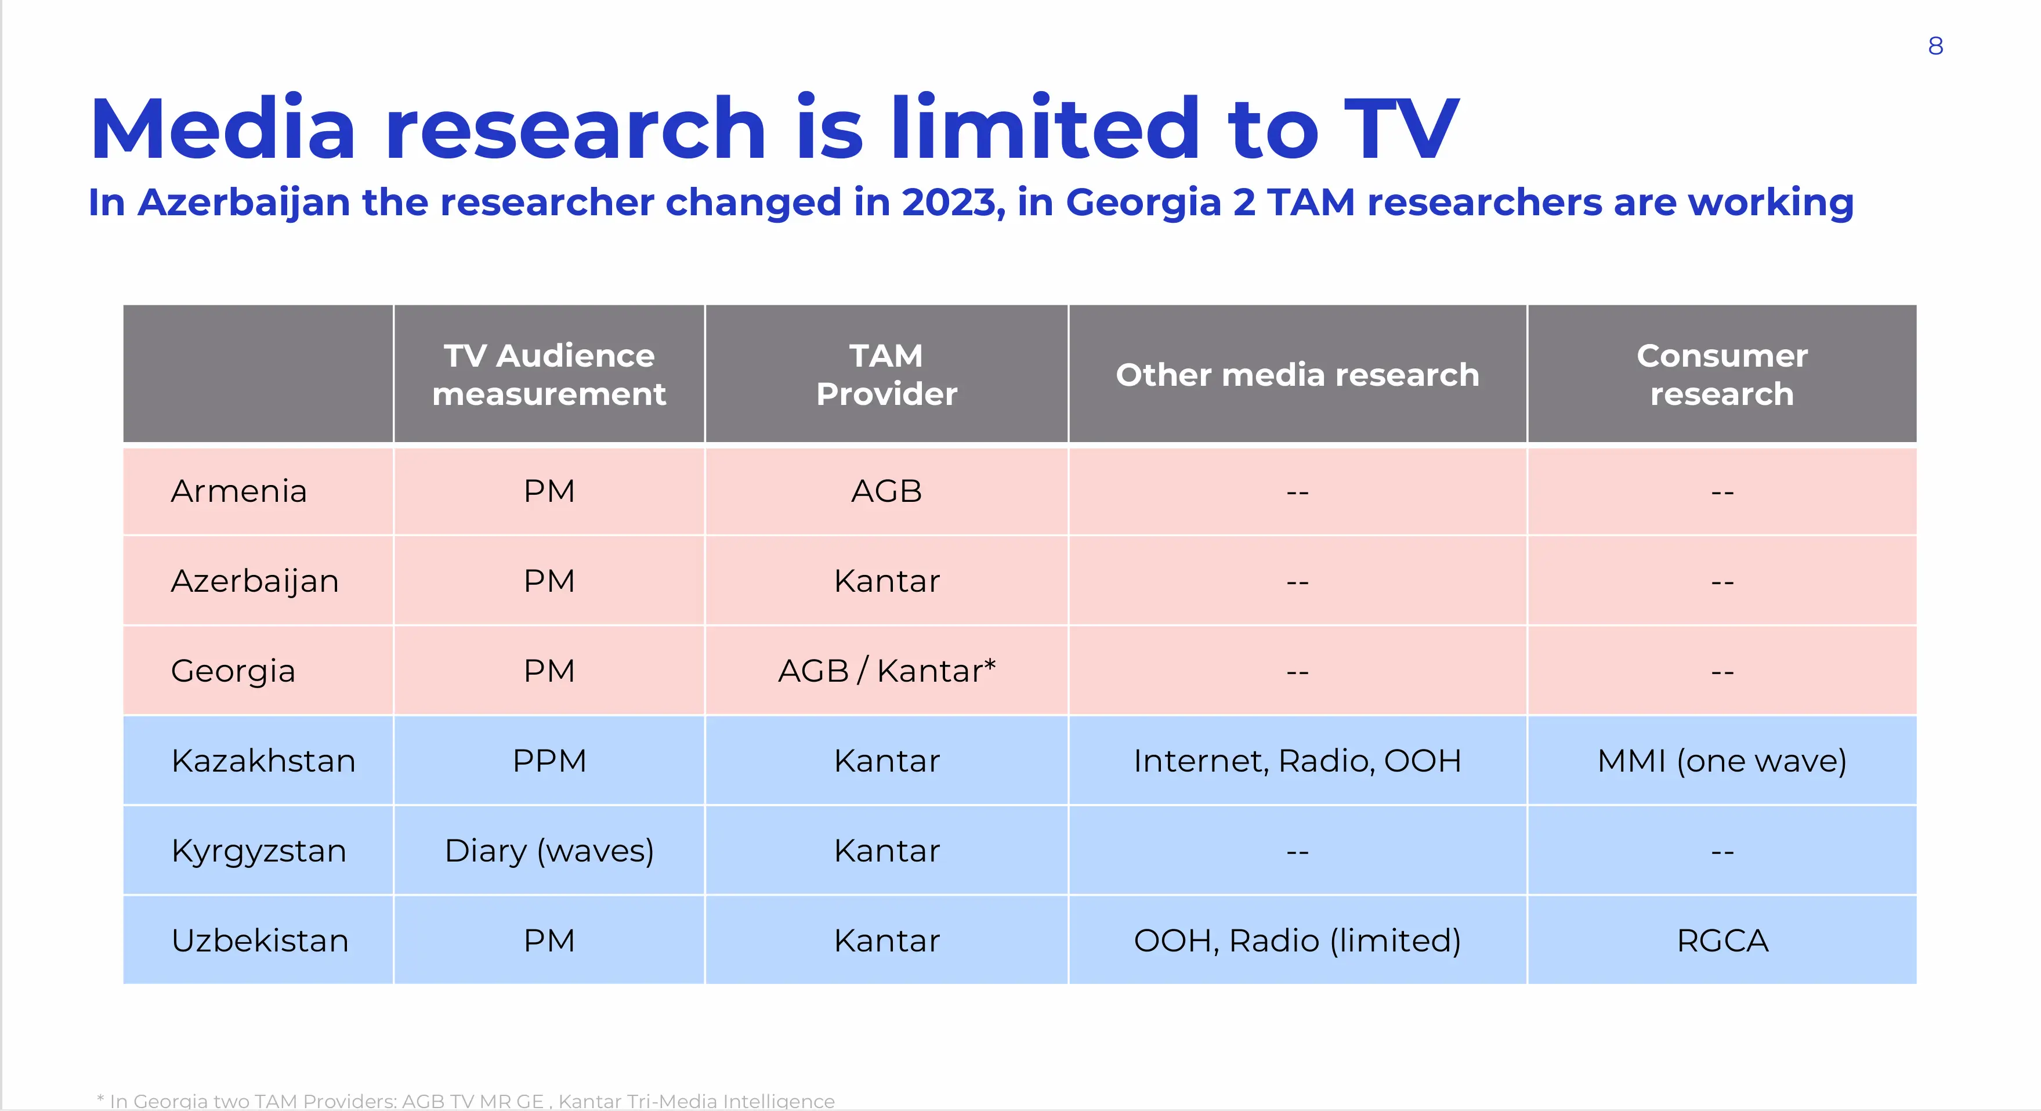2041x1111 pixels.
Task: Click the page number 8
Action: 1935,46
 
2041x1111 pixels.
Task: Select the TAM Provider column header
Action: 886,374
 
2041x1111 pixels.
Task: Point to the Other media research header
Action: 1297,374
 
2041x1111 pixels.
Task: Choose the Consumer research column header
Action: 1722,374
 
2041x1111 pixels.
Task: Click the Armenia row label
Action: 238,491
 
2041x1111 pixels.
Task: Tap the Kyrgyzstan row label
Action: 258,851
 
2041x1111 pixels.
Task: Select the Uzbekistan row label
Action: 260,940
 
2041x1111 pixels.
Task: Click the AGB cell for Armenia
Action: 886,491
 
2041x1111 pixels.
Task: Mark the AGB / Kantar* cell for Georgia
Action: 886,671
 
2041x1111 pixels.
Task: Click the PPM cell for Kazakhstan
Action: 549,761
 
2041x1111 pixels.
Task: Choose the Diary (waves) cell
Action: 549,851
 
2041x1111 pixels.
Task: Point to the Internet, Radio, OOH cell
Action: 1297,761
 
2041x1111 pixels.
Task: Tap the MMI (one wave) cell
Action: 1722,761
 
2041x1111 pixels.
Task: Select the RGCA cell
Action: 1722,940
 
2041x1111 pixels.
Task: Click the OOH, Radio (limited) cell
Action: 1297,940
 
